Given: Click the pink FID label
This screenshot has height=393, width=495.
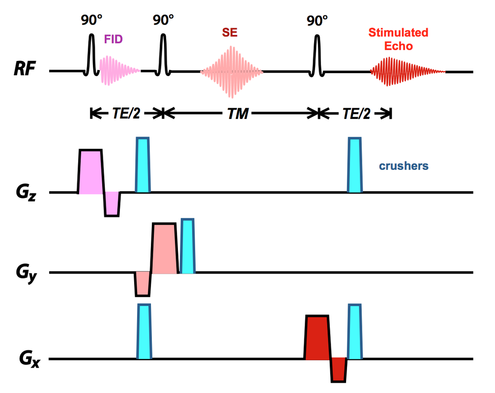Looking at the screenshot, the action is click(113, 39).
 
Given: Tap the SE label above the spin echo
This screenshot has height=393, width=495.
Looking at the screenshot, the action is click(230, 32).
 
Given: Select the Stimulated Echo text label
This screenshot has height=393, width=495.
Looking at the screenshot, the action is click(398, 39).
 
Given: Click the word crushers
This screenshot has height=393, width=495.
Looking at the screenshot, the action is click(404, 166).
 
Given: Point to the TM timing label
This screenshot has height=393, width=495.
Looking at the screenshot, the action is click(238, 113).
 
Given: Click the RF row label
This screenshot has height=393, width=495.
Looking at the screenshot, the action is click(25, 68).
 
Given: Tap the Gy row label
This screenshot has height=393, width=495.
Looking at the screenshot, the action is click(26, 274).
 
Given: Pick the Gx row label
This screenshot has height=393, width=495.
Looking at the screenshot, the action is click(29, 359).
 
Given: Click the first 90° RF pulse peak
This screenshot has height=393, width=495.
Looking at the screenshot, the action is click(91, 35).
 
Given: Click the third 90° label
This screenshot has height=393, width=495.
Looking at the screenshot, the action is click(317, 21).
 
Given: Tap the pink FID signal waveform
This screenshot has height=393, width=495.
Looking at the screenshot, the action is click(119, 70).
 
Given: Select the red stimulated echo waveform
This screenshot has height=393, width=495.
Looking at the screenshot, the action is click(407, 72).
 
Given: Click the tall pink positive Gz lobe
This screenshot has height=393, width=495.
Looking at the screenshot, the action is click(90, 171).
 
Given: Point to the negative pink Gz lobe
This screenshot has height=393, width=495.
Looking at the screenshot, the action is click(112, 204).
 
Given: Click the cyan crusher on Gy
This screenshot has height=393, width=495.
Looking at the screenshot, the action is click(188, 246).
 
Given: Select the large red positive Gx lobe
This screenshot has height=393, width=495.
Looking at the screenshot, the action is click(318, 337).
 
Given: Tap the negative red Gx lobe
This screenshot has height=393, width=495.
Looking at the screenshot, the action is click(338, 369).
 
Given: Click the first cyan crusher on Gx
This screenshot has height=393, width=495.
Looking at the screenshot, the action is click(144, 331).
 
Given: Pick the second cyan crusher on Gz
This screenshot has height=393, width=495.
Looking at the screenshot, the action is click(355, 165).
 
